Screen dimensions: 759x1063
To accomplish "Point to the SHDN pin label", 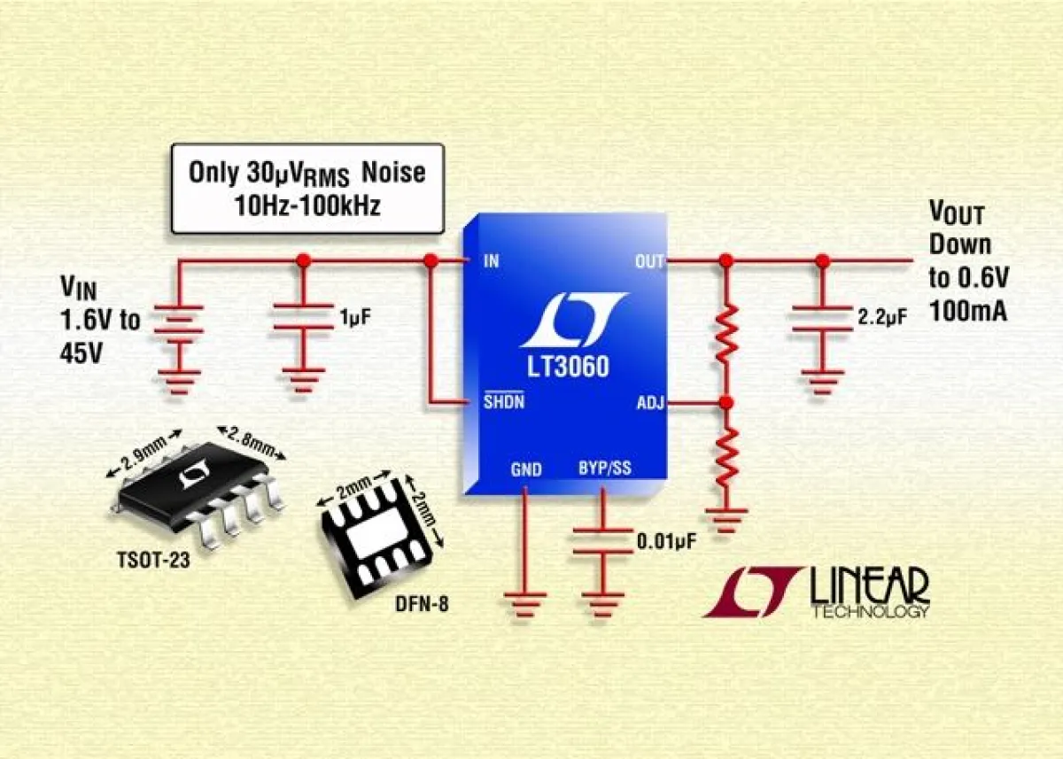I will [504, 404].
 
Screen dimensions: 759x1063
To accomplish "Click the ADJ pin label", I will [649, 404].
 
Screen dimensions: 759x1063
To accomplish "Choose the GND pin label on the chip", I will [525, 469].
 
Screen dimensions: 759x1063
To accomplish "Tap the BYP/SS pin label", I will [605, 468].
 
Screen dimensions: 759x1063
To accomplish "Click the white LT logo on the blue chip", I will [567, 321].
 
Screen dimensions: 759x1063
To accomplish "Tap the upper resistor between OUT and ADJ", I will [726, 333].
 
